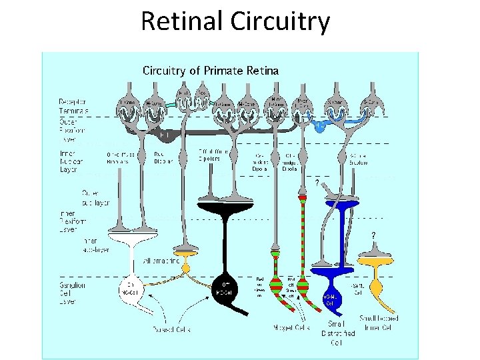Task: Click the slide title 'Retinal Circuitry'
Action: pos(235,21)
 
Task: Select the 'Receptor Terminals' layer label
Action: pos(73,106)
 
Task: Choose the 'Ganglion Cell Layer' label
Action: pos(71,291)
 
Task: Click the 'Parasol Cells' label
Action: pos(171,328)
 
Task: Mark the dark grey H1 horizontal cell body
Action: pos(162,135)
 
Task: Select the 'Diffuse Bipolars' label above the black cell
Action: pos(214,156)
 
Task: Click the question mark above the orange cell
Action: pos(373,235)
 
